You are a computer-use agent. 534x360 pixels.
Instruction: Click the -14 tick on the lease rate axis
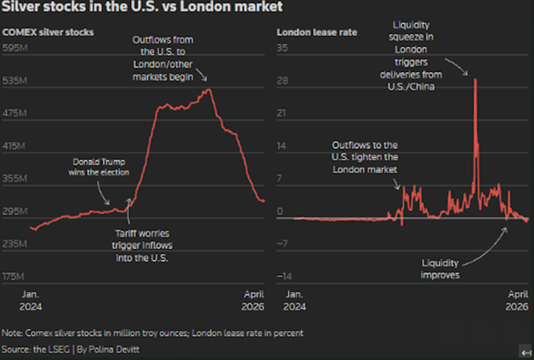coord(282,276)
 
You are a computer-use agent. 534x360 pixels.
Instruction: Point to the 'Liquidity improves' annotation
coord(442,269)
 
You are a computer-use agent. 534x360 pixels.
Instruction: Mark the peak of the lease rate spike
coord(475,80)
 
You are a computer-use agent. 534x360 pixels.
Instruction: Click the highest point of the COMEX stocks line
coord(208,89)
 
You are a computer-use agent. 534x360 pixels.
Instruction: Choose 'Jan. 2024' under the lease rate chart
coord(294,299)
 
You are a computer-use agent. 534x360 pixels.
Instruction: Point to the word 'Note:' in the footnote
coord(13,333)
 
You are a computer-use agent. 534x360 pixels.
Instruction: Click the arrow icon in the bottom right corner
coord(525,351)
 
